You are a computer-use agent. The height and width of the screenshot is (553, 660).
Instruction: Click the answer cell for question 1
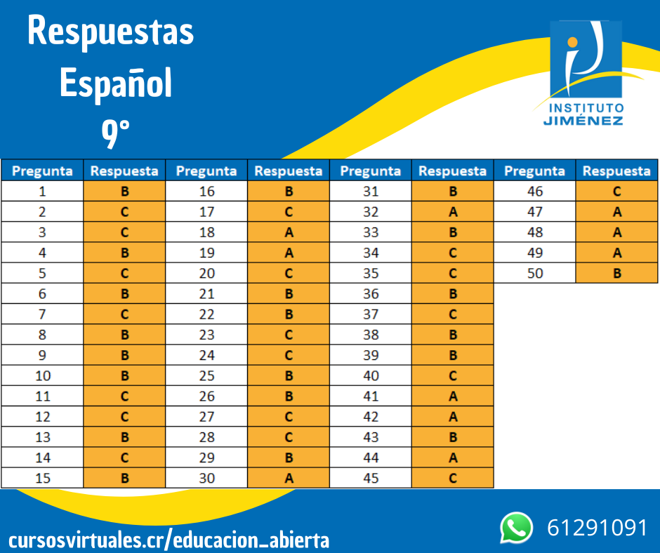(125, 191)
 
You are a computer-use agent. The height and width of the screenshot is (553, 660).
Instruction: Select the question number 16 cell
(206, 191)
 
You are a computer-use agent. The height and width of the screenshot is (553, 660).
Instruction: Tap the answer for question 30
(289, 478)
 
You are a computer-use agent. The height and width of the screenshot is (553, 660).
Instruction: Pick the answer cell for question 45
(452, 478)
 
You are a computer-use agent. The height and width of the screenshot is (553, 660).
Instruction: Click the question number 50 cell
(535, 273)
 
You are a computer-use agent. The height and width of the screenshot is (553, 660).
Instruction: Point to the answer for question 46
(616, 191)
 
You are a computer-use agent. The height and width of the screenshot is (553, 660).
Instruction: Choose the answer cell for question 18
(289, 232)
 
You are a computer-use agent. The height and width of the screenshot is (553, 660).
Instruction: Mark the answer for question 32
(452, 211)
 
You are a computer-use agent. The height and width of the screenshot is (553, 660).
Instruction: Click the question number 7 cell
(42, 314)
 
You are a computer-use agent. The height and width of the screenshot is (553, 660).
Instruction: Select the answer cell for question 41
(452, 396)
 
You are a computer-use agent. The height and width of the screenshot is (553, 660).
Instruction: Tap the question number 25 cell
(206, 375)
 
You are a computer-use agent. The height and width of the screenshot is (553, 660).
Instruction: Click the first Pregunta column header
(42, 171)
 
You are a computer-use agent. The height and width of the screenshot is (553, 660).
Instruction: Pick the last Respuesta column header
(616, 171)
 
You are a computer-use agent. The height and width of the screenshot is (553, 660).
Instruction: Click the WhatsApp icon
(517, 528)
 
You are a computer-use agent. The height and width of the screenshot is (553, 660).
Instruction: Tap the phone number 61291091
(597, 528)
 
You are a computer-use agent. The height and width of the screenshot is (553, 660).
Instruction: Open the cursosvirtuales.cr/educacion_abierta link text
(169, 540)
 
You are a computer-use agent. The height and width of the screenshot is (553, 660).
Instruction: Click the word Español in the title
(116, 84)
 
